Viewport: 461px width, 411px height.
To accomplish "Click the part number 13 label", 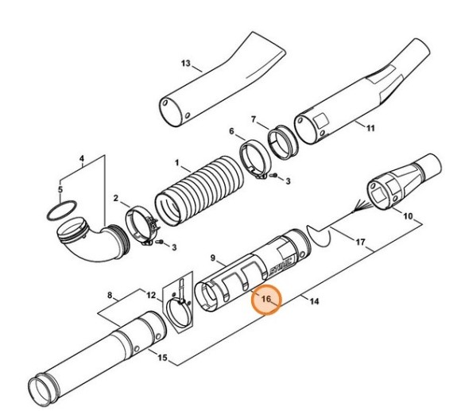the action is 186,64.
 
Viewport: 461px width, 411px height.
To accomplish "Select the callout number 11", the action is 370,128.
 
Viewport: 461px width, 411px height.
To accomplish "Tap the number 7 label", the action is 254,119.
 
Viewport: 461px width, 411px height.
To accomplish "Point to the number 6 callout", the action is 231,131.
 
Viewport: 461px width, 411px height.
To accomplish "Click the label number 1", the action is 177,163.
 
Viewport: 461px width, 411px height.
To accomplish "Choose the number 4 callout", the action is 82,158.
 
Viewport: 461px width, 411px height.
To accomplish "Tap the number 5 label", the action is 60,189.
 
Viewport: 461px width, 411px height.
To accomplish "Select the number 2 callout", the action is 116,198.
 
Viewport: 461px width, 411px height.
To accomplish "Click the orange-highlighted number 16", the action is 265,299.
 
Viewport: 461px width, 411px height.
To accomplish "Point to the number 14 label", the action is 314,301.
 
